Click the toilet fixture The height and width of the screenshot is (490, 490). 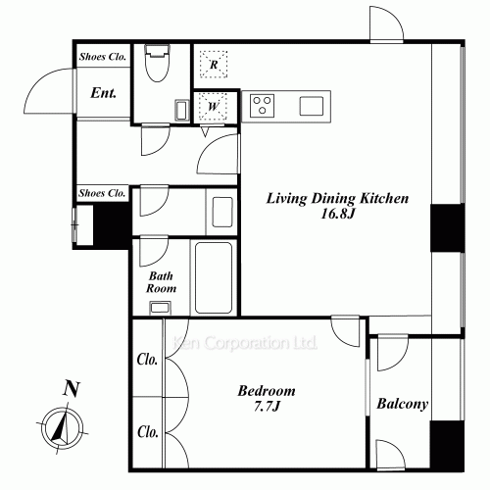pyautogui.click(x=158, y=63)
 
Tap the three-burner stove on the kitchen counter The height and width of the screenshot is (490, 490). pyautogui.click(x=262, y=106)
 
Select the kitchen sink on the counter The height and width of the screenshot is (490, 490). pyautogui.click(x=312, y=106)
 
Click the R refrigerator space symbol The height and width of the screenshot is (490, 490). pyautogui.click(x=214, y=65)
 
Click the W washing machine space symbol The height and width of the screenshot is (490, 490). pyautogui.click(x=213, y=106)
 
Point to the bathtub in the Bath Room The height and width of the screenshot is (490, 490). pyautogui.click(x=214, y=277)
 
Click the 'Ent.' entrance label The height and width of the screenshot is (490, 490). pyautogui.click(x=103, y=93)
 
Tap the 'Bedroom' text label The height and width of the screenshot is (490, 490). pyautogui.click(x=267, y=391)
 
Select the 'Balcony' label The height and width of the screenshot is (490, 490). pyautogui.click(x=402, y=404)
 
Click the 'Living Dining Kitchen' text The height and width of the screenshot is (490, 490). pyautogui.click(x=337, y=198)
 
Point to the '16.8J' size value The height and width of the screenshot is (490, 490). pyautogui.click(x=338, y=214)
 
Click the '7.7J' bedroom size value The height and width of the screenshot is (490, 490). pyautogui.click(x=268, y=407)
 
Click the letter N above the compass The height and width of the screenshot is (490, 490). pyautogui.click(x=72, y=388)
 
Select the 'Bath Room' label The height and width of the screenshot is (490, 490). pyautogui.click(x=161, y=282)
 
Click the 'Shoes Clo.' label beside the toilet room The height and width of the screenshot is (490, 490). pyautogui.click(x=103, y=57)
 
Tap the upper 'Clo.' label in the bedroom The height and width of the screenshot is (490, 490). pyautogui.click(x=147, y=360)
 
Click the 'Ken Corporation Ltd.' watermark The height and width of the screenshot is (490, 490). pyautogui.click(x=245, y=343)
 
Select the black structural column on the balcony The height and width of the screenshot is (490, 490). pyautogui.click(x=447, y=446)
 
